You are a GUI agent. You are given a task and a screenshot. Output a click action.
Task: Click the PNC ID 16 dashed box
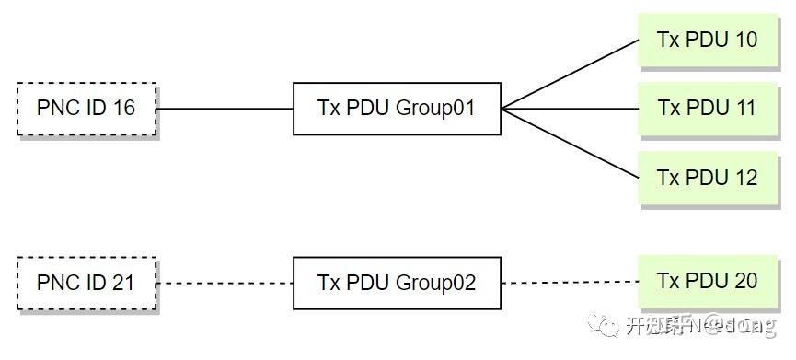87,109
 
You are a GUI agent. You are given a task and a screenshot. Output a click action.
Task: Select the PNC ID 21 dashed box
87,283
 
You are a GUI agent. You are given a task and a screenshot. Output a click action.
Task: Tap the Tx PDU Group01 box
397,109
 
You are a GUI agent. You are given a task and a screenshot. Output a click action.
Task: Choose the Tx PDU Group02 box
397,283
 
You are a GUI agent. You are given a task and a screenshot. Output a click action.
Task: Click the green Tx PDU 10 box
707,40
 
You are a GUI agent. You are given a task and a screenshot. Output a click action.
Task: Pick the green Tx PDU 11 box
707,108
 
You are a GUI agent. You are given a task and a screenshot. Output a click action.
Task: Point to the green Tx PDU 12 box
707,177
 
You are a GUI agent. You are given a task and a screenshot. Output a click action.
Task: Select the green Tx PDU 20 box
707,281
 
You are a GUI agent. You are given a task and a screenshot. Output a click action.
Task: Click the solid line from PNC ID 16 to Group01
225,109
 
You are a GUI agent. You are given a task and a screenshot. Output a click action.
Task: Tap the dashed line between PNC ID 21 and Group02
225,283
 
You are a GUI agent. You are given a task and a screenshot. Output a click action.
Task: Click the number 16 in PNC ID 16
124,109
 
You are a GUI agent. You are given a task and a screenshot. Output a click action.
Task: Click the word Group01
435,109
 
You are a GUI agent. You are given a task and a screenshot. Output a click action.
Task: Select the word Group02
435,283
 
